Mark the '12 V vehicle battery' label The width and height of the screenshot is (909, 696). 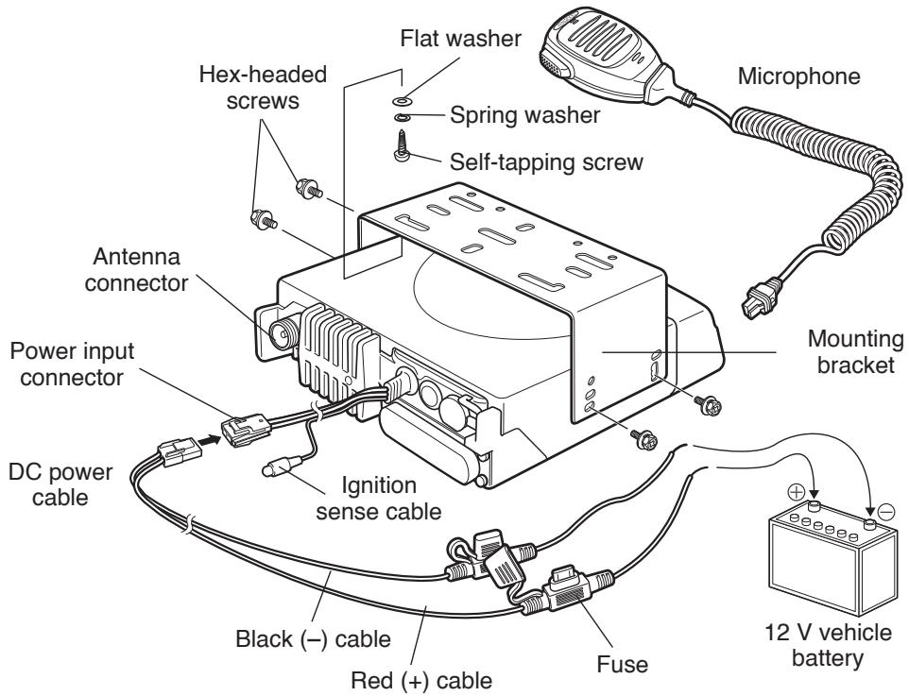tap(819, 640)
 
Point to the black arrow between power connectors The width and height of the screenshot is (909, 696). tap(206, 438)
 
